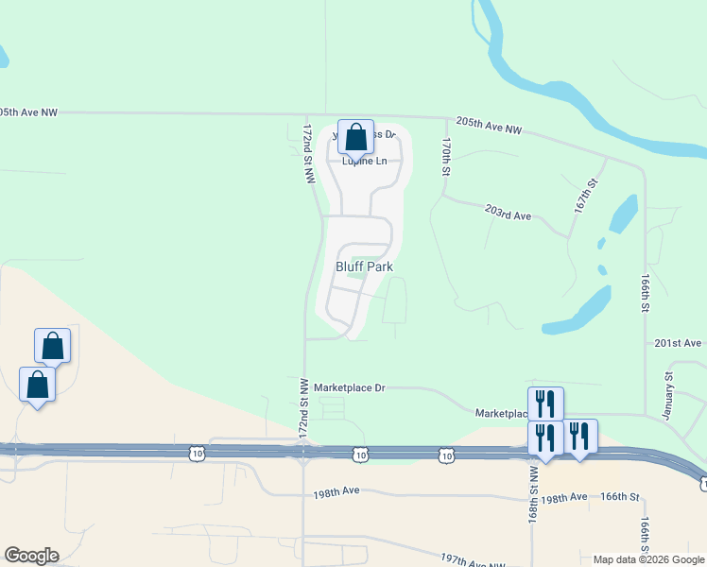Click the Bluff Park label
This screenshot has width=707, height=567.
364,266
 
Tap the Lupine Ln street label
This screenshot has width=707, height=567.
364,162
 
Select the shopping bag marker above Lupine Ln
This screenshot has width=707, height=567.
355,138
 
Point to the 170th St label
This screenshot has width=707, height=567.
445,156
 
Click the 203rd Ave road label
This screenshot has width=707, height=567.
508,215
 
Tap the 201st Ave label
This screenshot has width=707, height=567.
679,342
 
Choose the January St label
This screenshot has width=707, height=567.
668,389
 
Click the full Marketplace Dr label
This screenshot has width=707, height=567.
350,387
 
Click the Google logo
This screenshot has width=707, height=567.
30,556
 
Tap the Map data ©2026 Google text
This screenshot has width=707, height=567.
649,559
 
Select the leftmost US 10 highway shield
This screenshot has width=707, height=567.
197,455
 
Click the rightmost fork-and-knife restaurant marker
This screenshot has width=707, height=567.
579,438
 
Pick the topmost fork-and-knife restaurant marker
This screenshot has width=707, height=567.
545,404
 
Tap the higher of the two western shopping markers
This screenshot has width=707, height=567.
53,347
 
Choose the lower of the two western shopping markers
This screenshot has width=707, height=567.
37,386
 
